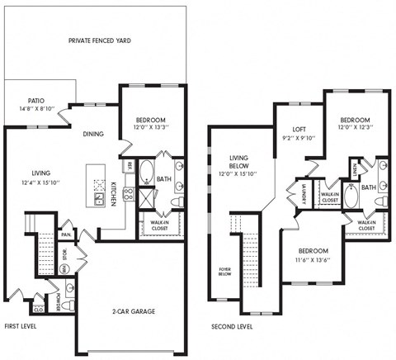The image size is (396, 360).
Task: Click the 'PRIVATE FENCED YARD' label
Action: point(100,40)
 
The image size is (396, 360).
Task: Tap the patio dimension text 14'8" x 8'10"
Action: point(36,108)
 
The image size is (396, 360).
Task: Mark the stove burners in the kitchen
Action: point(129,196)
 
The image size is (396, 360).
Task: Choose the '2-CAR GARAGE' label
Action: point(134,311)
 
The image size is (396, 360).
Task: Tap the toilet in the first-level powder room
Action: point(70,306)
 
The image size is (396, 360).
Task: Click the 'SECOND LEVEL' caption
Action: point(232,325)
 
